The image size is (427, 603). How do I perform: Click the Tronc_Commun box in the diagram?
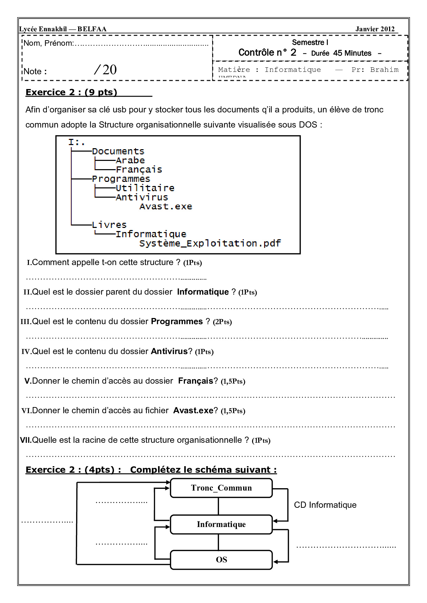(x=221, y=488)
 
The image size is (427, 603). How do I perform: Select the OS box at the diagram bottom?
(x=221, y=560)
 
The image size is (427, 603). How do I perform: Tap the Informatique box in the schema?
(x=221, y=524)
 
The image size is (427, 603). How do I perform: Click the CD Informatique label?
(x=325, y=505)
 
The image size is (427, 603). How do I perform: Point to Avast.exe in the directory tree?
(x=166, y=207)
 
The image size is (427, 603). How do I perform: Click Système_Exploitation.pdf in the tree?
(x=210, y=243)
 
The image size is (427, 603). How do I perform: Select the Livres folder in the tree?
(x=109, y=225)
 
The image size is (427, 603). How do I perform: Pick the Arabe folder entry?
(x=130, y=161)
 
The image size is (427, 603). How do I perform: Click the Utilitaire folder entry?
(x=145, y=188)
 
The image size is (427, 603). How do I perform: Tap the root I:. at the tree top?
(x=76, y=142)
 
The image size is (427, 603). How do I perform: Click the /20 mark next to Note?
(x=105, y=70)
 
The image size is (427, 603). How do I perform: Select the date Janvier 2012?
(x=375, y=29)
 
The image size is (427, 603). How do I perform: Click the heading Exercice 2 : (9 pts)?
(x=71, y=92)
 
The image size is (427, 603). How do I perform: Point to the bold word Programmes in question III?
(x=177, y=321)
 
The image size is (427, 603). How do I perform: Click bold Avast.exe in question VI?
(x=193, y=410)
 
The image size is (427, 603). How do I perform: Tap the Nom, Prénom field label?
(x=48, y=43)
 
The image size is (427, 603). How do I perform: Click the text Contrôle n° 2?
(x=267, y=53)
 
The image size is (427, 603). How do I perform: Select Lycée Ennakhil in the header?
(x=43, y=29)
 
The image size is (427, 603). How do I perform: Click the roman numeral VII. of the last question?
(x=25, y=440)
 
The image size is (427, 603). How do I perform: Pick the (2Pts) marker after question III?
(x=222, y=322)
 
